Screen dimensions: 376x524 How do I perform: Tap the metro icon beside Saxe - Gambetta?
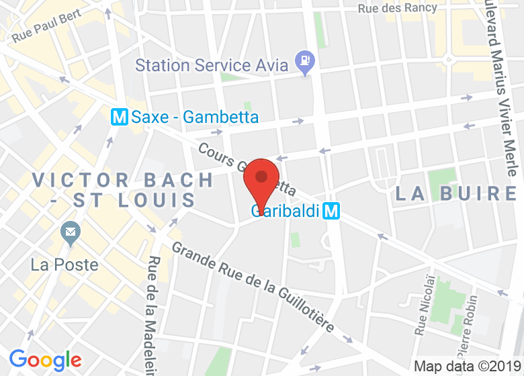(x=120, y=117)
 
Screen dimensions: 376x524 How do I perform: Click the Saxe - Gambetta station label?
(x=195, y=117)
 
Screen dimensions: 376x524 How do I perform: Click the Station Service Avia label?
(x=212, y=65)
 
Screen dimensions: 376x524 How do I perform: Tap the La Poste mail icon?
(x=70, y=234)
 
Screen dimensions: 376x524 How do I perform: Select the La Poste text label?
(x=64, y=265)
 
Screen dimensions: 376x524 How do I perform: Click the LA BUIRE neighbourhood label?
(x=455, y=193)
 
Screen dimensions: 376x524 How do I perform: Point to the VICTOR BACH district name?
(x=122, y=180)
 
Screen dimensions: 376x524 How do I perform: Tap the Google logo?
(x=45, y=361)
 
